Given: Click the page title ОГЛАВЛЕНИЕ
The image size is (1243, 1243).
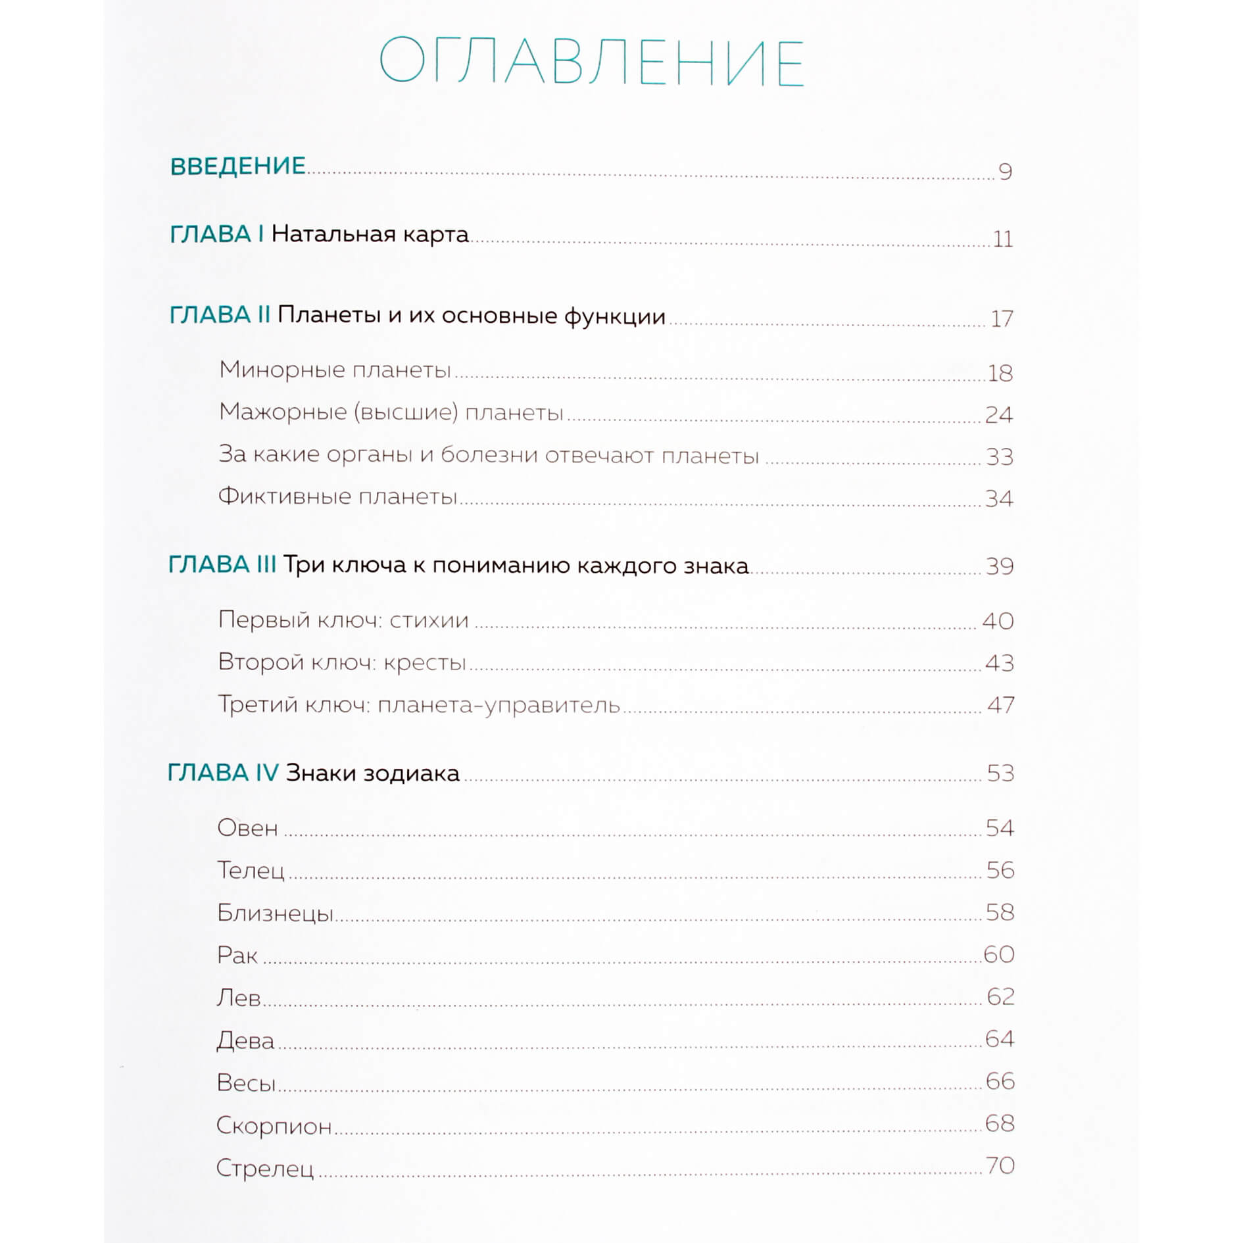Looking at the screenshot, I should (x=591, y=62).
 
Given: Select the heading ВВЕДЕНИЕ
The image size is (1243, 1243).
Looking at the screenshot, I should (x=238, y=166).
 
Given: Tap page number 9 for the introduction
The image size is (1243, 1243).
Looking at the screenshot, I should (x=1005, y=172).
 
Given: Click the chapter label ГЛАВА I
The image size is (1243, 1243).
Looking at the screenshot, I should (x=216, y=234).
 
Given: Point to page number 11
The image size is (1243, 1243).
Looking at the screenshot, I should (x=1002, y=239).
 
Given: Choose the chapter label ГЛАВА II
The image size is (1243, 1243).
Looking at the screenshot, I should (x=220, y=315).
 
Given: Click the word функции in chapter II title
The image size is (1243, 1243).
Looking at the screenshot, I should (x=614, y=316).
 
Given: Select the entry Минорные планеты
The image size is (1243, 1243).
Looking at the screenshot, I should (x=335, y=370).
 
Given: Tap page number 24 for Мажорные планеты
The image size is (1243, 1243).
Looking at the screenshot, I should (x=998, y=414).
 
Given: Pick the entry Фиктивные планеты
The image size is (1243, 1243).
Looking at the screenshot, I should (x=337, y=496).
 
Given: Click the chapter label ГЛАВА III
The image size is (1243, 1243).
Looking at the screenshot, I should (x=222, y=565).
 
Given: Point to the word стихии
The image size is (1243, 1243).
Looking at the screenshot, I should (x=429, y=620).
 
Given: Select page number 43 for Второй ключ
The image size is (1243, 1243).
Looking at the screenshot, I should (x=999, y=663).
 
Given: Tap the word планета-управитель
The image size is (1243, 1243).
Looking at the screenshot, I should (x=499, y=705).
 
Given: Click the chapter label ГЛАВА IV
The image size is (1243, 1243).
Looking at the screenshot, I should (x=223, y=773).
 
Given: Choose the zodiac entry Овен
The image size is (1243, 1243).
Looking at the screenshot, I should (x=247, y=828).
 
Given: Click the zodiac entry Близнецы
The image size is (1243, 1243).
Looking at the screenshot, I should (x=275, y=913).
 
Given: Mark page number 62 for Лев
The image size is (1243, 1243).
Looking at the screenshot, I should (x=1000, y=997).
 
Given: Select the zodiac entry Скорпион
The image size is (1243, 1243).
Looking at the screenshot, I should (x=274, y=1126).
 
